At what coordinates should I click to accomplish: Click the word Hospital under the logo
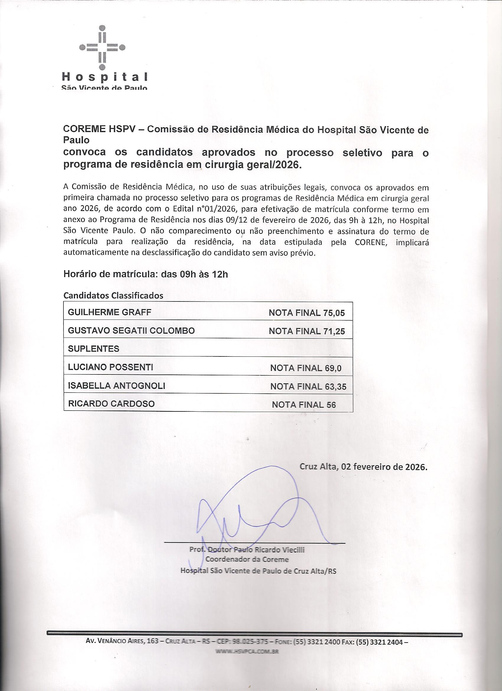[105, 77]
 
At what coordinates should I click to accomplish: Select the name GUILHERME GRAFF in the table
[110, 312]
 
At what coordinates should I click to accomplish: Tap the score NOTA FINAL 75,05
[307, 313]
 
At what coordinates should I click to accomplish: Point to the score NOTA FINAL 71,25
[307, 332]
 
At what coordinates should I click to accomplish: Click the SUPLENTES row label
[93, 349]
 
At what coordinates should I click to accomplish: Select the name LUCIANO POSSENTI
[110, 367]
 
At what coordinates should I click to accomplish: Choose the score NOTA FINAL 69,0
[306, 368]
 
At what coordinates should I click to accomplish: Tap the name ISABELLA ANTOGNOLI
[116, 386]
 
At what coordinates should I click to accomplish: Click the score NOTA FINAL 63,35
[308, 387]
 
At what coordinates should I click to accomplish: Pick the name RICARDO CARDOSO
[111, 404]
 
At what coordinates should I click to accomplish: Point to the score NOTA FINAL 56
[304, 405]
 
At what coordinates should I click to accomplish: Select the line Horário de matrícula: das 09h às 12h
[146, 274]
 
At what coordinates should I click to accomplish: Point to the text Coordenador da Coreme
[247, 559]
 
